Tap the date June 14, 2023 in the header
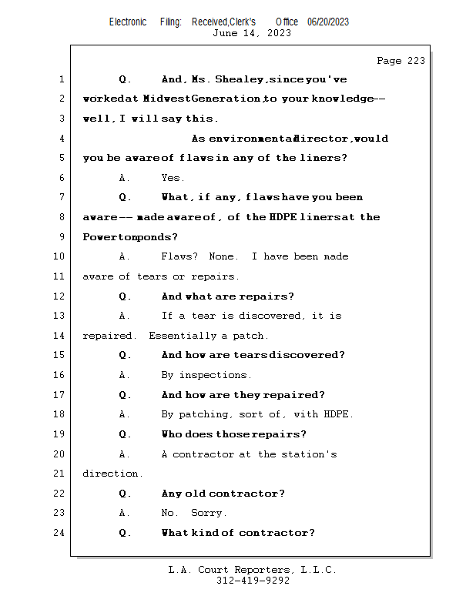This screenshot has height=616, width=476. pos(251,33)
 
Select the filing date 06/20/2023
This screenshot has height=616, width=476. pos(327,22)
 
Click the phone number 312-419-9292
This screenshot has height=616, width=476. pos(252,581)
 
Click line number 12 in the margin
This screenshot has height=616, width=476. pos(60,296)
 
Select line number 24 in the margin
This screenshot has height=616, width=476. pos(60,533)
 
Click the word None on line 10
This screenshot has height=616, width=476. pos(224,256)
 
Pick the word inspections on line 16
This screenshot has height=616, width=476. pos(215,375)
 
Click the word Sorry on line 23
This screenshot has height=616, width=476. pos(208,513)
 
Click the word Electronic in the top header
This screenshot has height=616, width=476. pos(128,22)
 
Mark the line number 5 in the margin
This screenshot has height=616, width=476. pos(60,158)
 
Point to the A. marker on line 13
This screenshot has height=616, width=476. pos(125,316)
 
